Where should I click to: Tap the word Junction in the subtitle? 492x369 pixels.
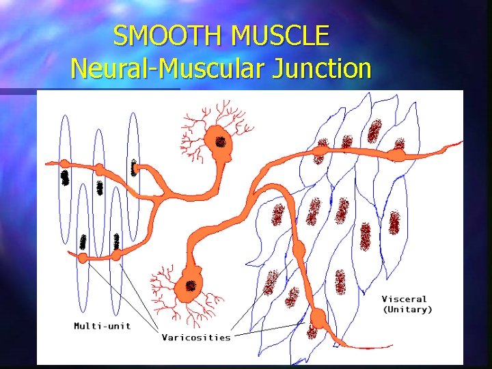coord(323,68)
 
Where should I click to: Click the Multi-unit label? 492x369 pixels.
coord(102,325)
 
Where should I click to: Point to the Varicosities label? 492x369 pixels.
coord(196,337)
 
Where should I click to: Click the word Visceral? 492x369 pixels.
coord(404,299)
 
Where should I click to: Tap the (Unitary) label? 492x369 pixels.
coord(407,310)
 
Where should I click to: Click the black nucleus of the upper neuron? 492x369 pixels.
coord(220,142)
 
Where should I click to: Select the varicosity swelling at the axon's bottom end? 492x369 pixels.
coord(318,318)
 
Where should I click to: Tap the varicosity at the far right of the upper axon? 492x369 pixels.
coord(397,155)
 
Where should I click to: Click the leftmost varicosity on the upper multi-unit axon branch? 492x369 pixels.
coord(64,164)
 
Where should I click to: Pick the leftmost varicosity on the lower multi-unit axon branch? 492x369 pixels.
coord(83,258)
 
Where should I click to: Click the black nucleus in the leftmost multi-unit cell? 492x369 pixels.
coord(65,178)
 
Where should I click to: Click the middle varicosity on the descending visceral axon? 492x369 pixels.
coord(298,247)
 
